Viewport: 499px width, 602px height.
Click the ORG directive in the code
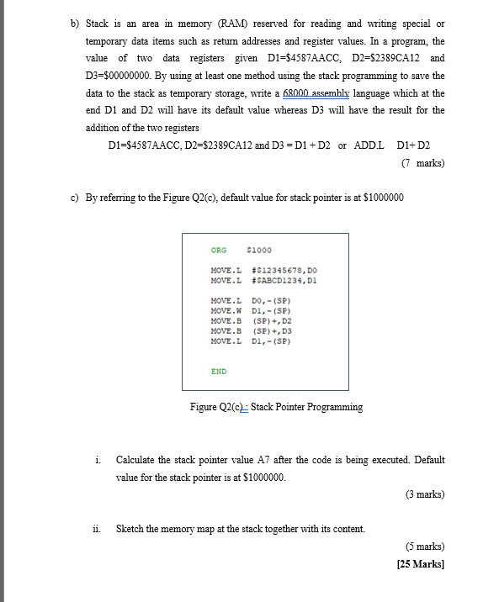(219, 250)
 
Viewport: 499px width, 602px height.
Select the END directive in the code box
(219, 371)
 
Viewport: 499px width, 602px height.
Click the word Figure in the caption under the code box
(204, 407)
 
